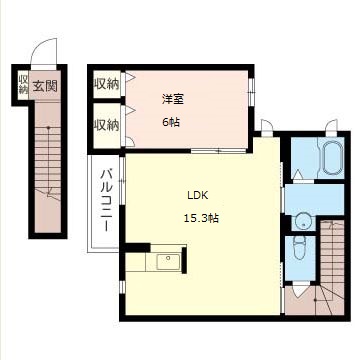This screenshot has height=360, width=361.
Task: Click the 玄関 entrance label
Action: (45, 87)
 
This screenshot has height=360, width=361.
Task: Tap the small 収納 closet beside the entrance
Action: (23, 85)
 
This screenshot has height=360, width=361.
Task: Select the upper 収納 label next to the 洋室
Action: (106, 84)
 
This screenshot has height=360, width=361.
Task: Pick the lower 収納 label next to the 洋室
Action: (106, 126)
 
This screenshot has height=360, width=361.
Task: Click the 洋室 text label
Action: (173, 99)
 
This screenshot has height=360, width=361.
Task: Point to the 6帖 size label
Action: (171, 122)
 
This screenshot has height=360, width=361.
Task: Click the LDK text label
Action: (197, 196)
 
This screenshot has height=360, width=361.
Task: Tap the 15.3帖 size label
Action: (201, 219)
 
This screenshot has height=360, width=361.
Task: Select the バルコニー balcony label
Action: (106, 200)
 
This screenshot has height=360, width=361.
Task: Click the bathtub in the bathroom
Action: (331, 157)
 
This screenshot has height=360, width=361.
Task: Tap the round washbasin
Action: (303, 221)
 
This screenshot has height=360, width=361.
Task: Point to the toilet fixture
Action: (300, 247)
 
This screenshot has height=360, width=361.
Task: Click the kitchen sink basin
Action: (168, 261)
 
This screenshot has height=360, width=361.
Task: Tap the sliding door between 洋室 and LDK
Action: (219, 151)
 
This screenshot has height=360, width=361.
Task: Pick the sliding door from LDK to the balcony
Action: (122, 180)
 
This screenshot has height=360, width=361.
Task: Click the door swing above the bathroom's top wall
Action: (331, 129)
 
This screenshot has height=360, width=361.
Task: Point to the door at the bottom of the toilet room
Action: (301, 289)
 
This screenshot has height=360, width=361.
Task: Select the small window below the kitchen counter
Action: (122, 287)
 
